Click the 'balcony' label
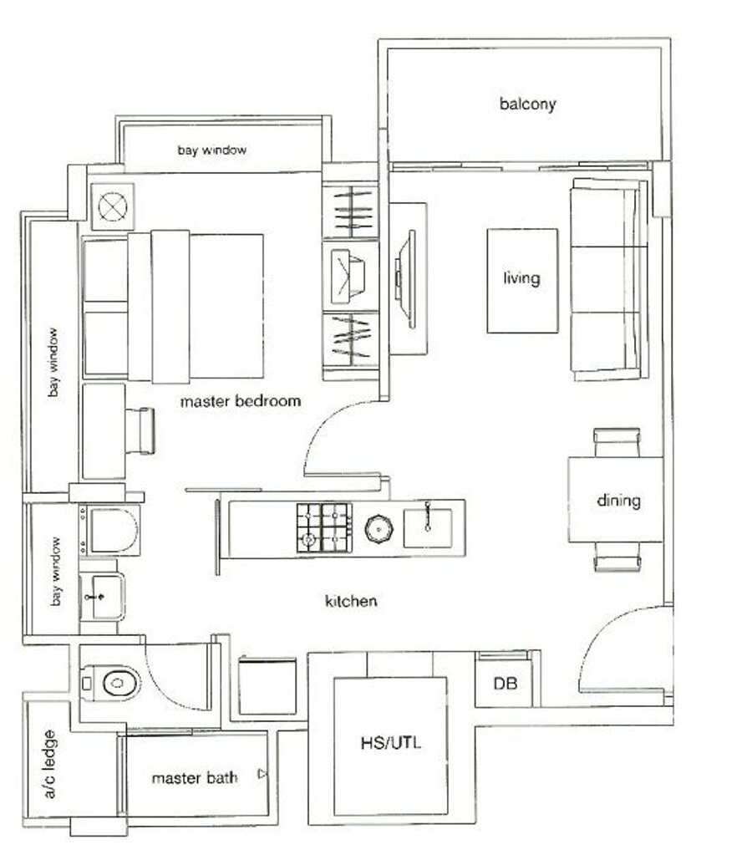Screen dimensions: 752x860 tap(528, 104)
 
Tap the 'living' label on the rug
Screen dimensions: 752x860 tap(521, 278)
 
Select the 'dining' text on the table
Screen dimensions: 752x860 tap(618, 500)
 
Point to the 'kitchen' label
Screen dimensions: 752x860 tap(351, 601)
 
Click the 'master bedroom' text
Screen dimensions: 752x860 tap(241, 401)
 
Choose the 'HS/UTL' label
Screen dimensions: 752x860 tap(391, 743)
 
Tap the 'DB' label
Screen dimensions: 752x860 tap(506, 684)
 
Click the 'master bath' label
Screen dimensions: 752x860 tap(195, 778)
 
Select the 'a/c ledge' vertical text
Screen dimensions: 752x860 tap(48, 764)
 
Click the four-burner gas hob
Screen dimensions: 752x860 tap(324, 528)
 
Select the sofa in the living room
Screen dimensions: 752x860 tap(609, 279)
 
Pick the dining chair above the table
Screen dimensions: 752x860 tap(617, 442)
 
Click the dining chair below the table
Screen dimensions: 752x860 tap(617, 557)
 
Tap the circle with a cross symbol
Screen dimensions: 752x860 tap(113, 206)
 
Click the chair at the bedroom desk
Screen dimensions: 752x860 tap(140, 431)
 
